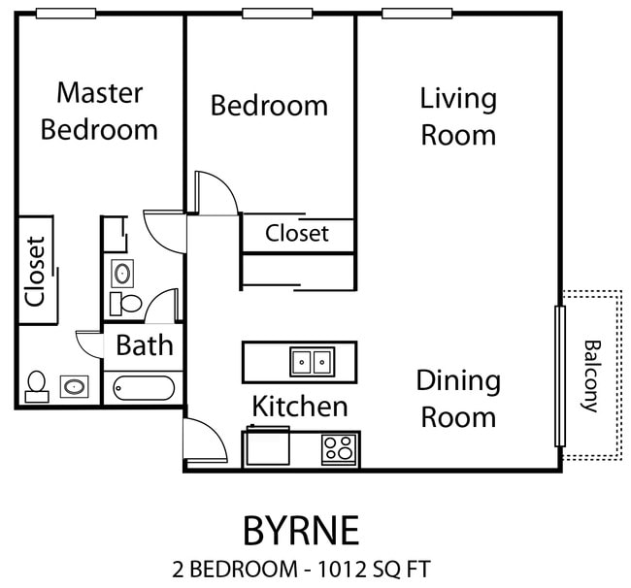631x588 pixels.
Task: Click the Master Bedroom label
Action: coord(99,111)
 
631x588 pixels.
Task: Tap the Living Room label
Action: coord(458,116)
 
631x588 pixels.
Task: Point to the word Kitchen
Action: coord(300,405)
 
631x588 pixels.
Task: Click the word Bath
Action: coord(145,344)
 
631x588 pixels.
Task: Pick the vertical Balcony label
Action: coord(590,376)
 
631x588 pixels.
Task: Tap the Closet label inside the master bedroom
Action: coord(36,272)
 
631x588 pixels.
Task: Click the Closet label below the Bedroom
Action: coord(297,234)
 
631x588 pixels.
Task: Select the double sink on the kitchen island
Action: coord(312,362)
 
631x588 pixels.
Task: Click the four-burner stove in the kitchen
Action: coord(339,449)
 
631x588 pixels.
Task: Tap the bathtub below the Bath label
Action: coord(145,389)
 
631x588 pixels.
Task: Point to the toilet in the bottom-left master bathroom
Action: coord(38,385)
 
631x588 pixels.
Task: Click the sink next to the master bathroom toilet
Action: coord(74,387)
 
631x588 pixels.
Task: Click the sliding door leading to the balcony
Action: coord(559,376)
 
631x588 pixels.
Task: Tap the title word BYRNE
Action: coord(300,531)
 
